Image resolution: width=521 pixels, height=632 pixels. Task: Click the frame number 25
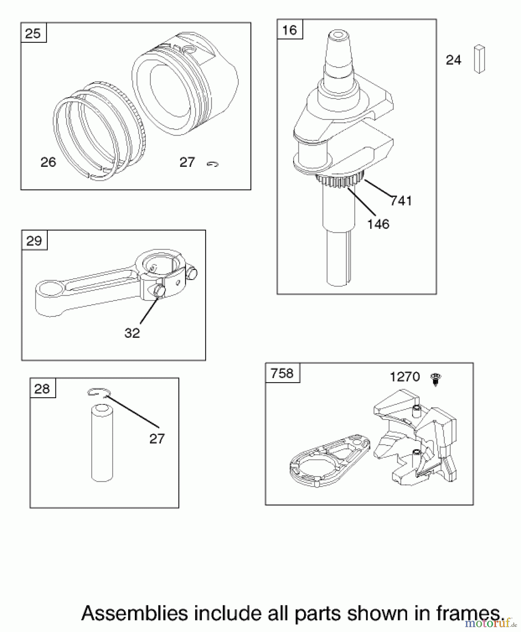33,34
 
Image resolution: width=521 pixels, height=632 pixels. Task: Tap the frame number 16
290,30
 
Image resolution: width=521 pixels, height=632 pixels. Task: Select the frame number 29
34,241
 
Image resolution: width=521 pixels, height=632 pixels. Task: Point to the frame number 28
42,389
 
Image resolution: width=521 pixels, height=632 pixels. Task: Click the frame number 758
282,373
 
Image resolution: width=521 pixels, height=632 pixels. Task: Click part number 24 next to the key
453,60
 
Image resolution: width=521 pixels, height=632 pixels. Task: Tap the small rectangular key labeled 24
479,59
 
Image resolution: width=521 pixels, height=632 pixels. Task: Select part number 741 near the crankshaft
401,201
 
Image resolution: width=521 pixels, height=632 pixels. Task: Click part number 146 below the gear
378,224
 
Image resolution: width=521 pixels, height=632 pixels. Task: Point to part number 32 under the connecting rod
132,333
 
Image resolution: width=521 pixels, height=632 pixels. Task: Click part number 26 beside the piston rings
48,162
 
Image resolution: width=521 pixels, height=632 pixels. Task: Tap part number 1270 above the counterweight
405,377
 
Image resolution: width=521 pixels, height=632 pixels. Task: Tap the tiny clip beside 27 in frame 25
212,164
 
